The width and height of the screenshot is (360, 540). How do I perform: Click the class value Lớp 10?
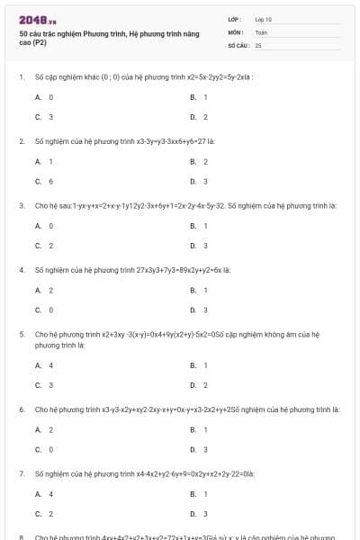point(263,18)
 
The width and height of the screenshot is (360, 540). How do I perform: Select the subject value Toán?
point(261,31)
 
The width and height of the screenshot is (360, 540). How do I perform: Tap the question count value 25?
point(258,44)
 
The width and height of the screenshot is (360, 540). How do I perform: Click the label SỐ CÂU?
point(238,44)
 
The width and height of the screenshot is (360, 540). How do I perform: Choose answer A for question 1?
point(44,96)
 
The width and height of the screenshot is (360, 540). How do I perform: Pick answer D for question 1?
point(199,117)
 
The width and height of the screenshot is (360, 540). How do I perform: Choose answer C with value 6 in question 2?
point(44,181)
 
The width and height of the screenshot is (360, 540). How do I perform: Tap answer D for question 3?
point(199,246)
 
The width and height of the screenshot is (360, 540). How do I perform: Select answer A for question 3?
point(44,226)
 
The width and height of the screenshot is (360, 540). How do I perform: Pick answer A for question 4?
point(44,290)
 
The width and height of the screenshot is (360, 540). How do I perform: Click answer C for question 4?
point(44,310)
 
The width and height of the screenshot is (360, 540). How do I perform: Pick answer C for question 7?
point(44,514)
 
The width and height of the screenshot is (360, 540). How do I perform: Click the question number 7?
point(21,472)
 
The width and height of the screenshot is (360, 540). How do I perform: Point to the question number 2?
point(21,141)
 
